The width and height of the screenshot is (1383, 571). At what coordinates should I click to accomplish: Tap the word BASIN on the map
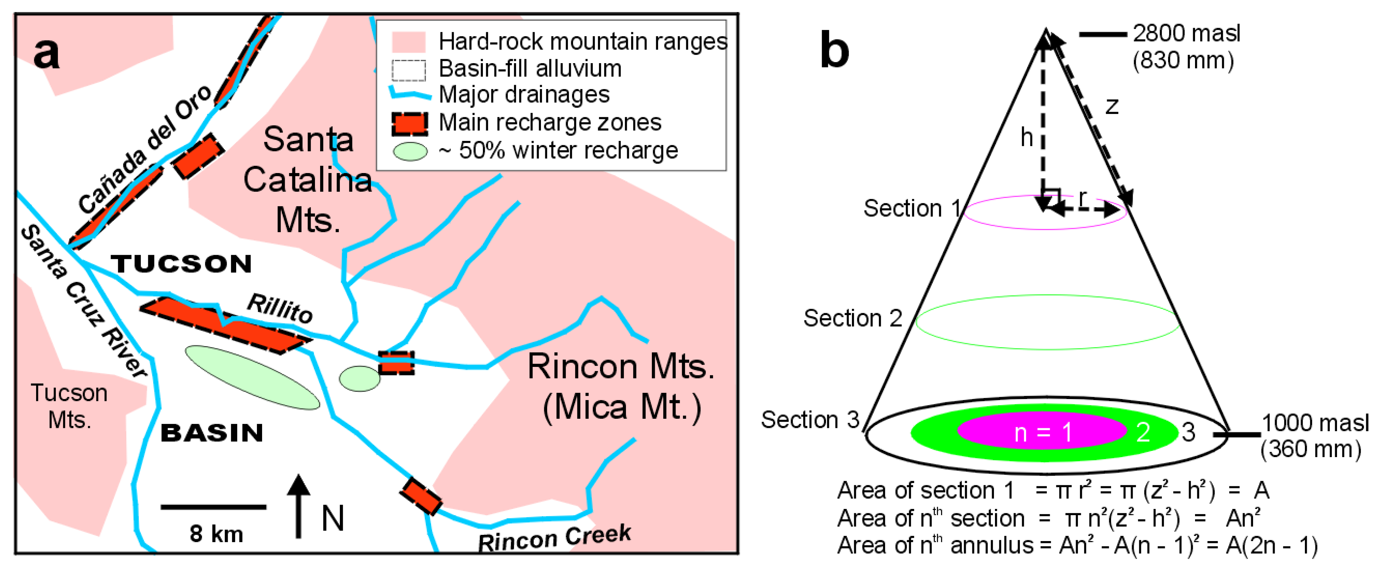point(212,433)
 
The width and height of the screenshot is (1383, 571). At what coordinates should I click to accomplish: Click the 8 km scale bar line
point(213,506)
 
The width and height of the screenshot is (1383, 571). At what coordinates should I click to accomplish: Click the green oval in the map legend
point(410,152)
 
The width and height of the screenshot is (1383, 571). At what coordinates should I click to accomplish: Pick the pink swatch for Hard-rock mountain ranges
point(408,41)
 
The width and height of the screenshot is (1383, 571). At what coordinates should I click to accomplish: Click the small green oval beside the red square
point(359,379)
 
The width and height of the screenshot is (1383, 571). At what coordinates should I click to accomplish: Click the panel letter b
point(834,51)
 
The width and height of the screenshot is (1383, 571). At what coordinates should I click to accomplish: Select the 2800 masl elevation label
point(1187,33)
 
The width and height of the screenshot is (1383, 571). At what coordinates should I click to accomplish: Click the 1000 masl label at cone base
point(1315,423)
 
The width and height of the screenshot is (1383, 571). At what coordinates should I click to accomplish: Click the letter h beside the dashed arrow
point(1026,138)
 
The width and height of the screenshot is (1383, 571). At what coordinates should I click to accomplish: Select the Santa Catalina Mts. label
point(308,179)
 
